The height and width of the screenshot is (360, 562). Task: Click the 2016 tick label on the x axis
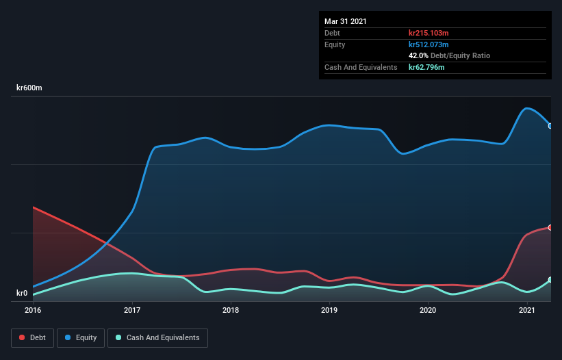pos(33,310)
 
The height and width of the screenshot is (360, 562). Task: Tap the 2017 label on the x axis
pos(132,310)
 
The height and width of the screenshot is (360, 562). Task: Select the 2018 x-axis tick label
pos(231,310)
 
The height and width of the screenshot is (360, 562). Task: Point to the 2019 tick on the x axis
pos(329,310)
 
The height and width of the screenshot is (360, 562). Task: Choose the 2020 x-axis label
pos(428,310)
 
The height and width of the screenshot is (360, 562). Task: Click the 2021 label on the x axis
pos(526,310)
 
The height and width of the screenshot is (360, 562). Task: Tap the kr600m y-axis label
pos(29,88)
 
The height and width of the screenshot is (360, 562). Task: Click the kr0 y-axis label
pos(22,294)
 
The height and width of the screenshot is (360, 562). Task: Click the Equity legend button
pos(81,337)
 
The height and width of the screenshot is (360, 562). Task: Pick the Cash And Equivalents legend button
pos(157,337)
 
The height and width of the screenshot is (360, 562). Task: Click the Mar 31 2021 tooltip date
pos(346,21)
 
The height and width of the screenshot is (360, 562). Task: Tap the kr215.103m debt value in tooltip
pos(429,33)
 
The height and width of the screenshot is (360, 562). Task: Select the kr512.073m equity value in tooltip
pos(429,44)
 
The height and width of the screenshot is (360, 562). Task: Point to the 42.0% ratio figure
pos(418,55)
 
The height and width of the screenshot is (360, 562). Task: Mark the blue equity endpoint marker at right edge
pos(550,126)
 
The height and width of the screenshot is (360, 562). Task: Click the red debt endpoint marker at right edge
pos(550,227)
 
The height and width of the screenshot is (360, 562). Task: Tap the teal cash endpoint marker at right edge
pos(550,280)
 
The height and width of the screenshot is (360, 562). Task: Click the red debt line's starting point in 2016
pos(34,207)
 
